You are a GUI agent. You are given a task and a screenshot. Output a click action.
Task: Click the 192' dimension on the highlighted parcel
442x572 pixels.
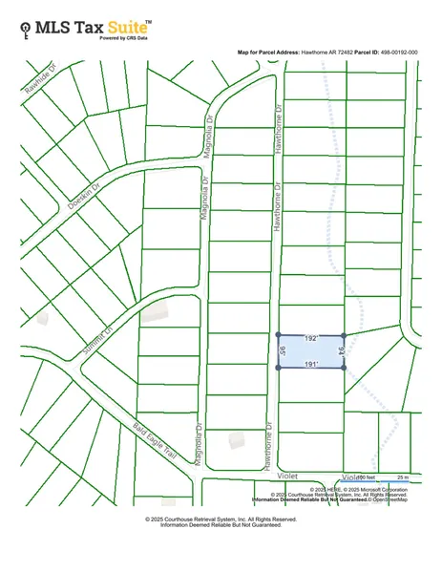point(309,339)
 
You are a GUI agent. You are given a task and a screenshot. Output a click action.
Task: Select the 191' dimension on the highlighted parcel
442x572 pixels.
point(309,365)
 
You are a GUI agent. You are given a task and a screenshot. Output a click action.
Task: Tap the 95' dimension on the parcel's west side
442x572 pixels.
point(283,351)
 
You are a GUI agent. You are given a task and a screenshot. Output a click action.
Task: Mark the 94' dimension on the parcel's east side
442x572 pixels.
point(340,350)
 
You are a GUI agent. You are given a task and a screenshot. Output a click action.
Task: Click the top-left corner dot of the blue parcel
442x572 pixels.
point(278,335)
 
